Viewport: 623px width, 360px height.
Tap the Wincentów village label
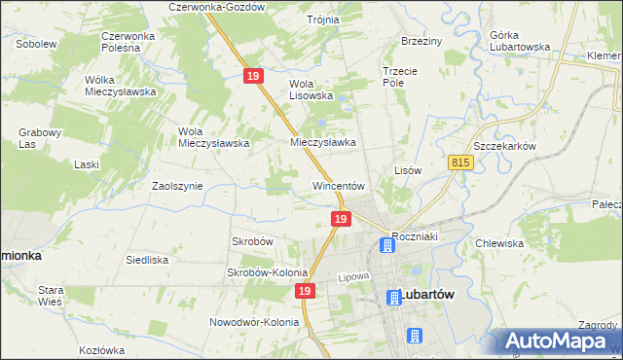point(338,185)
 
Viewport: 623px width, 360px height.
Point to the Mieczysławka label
point(323,141)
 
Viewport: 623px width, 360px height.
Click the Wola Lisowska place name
point(311,90)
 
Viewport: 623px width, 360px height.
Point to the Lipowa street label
point(356,276)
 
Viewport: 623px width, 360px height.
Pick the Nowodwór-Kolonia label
point(252,322)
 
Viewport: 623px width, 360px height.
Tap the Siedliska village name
point(148,260)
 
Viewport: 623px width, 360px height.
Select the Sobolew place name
point(36,44)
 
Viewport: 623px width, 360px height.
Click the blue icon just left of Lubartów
point(393,298)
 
